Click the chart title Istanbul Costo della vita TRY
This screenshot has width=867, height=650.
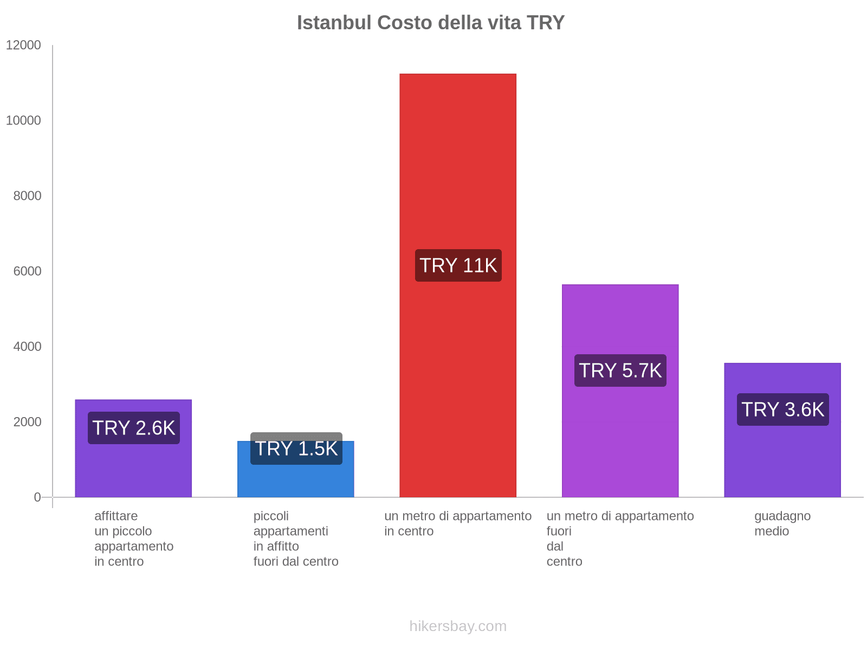click(x=431, y=23)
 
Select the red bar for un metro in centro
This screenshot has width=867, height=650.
click(x=458, y=162)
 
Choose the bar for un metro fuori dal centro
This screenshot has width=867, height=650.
click(x=620, y=433)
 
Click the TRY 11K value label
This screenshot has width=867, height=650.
click(x=458, y=265)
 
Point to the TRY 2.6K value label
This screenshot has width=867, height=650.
click(x=134, y=428)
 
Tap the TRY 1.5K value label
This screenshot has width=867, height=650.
click(x=296, y=448)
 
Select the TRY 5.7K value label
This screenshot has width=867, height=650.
click(x=620, y=370)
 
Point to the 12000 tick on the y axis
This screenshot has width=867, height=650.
click(x=23, y=45)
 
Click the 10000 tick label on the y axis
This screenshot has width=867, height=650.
click(x=23, y=120)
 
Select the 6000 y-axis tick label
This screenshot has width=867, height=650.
click(x=27, y=271)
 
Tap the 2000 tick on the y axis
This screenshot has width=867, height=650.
click(x=27, y=421)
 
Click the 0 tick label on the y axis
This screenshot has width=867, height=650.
click(x=37, y=497)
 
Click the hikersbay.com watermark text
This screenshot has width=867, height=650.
click(x=458, y=626)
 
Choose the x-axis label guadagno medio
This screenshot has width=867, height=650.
click(x=782, y=523)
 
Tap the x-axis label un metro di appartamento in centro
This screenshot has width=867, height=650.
click(x=458, y=523)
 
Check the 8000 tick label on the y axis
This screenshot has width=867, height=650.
click(x=27, y=196)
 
